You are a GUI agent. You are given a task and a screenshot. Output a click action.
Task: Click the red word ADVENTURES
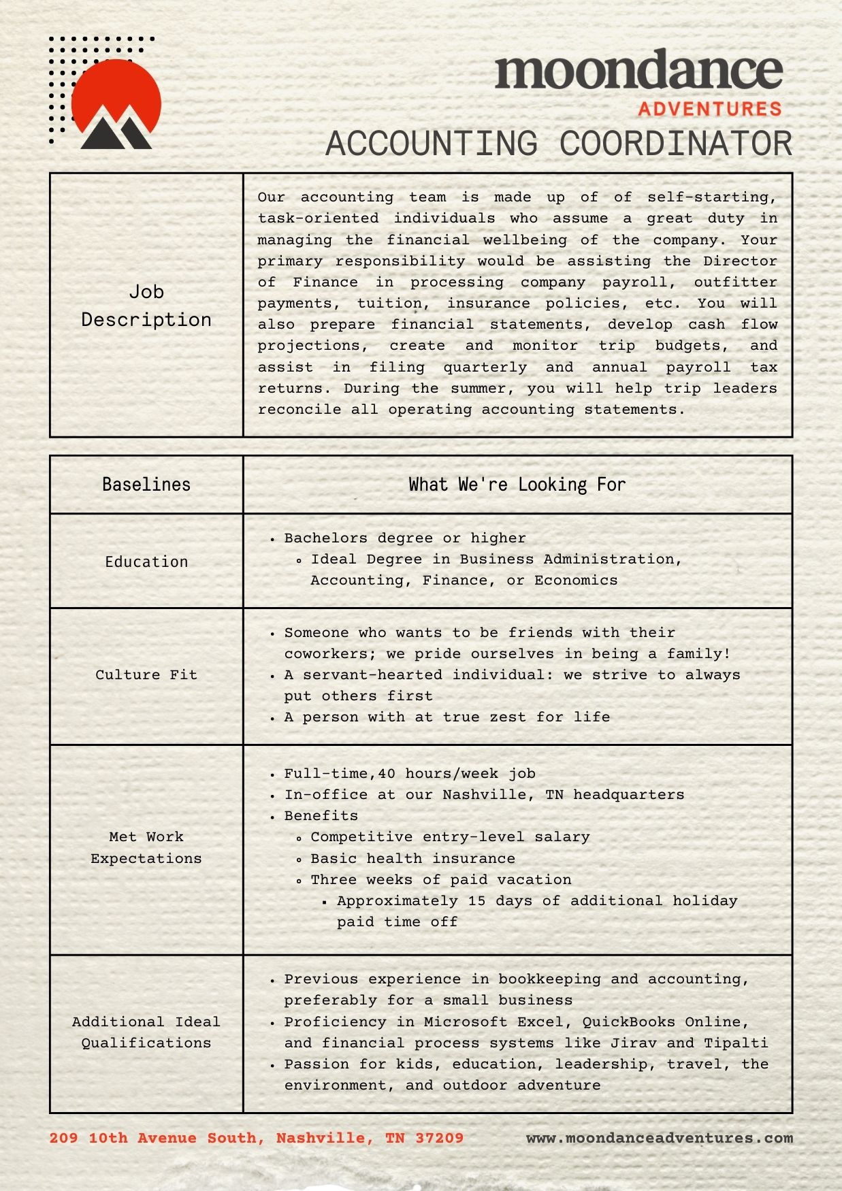click(709, 109)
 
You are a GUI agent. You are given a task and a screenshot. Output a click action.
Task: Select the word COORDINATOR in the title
click(676, 144)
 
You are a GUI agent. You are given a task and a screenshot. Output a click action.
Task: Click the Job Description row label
click(146, 306)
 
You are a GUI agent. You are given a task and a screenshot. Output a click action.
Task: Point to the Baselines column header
click(146, 485)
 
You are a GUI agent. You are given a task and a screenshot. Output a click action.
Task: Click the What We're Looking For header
click(517, 485)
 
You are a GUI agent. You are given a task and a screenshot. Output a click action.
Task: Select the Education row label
click(146, 561)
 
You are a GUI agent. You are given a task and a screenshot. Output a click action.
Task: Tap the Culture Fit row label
click(146, 674)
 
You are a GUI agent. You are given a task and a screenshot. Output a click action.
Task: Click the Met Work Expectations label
click(146, 847)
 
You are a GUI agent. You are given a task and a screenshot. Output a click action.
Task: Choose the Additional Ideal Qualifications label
click(146, 1032)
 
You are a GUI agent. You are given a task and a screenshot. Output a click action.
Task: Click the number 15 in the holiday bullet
click(476, 900)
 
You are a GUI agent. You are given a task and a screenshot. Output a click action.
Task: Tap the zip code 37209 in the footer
click(439, 1138)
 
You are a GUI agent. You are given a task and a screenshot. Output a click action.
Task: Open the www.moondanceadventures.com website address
click(659, 1138)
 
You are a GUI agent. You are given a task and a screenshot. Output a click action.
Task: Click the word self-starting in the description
click(711, 197)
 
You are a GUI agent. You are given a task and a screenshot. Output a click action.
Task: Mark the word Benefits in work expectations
click(321, 815)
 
